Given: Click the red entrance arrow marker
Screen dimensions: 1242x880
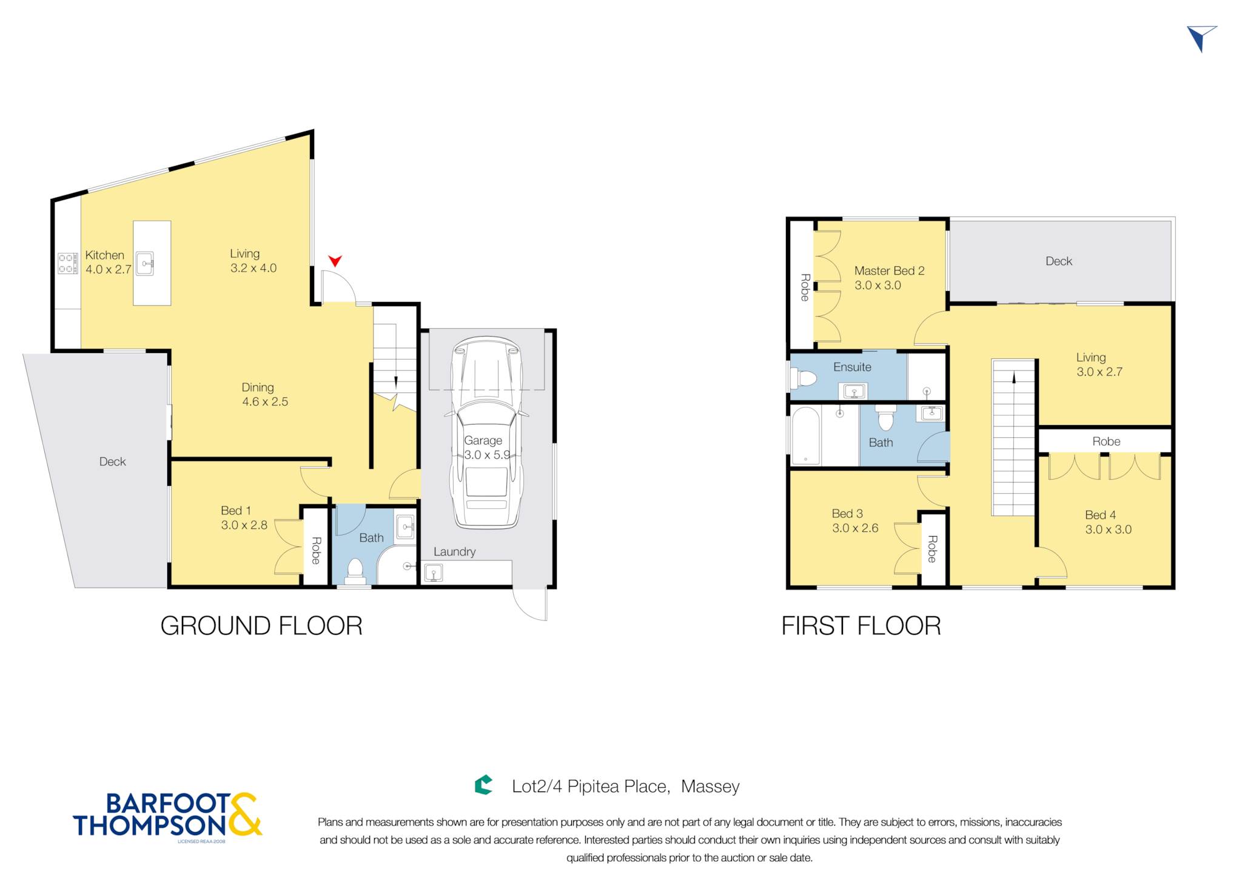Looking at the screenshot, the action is pos(335,261).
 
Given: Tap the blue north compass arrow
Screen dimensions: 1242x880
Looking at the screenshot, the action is pos(1201,38).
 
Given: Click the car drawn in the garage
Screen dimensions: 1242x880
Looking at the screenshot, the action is pos(486,432).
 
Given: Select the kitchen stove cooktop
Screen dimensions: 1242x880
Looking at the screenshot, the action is pos(68,263).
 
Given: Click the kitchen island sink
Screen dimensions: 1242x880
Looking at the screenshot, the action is pos(145,264).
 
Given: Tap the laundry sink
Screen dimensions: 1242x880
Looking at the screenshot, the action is pos(434,572).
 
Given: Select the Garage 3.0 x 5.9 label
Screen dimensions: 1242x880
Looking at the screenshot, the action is pos(486,448).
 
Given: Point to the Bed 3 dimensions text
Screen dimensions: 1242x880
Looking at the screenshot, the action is pos(855,528).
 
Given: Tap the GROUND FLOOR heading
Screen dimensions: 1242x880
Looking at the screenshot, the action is pos(261,626).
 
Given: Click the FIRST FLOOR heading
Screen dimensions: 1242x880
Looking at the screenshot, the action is pos(861,626).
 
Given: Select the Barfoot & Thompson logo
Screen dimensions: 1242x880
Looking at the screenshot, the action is pos(167,816).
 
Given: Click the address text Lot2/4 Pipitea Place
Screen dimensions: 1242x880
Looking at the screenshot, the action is pos(591,787).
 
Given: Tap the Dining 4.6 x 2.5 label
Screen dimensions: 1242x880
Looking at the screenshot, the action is pos(264,394).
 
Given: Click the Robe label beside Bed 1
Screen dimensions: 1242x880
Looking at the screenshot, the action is pos(315,551).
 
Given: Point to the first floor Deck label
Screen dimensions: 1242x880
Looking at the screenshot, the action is pos(1059,261).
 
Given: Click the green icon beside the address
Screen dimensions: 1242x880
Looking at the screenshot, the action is pos(483,785).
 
